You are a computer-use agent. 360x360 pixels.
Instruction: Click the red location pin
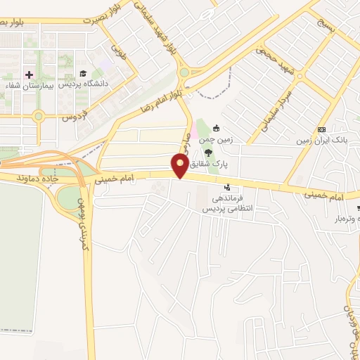(x=180, y=166)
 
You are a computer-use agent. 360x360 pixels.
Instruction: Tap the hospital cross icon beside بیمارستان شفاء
(x=29, y=74)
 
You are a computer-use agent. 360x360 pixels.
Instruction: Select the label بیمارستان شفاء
(x=27, y=86)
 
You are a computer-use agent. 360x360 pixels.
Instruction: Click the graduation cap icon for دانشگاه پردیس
(x=83, y=73)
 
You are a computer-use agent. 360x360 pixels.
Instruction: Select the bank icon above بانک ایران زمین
(x=322, y=129)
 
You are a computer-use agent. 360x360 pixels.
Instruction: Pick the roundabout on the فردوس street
(x=38, y=116)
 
